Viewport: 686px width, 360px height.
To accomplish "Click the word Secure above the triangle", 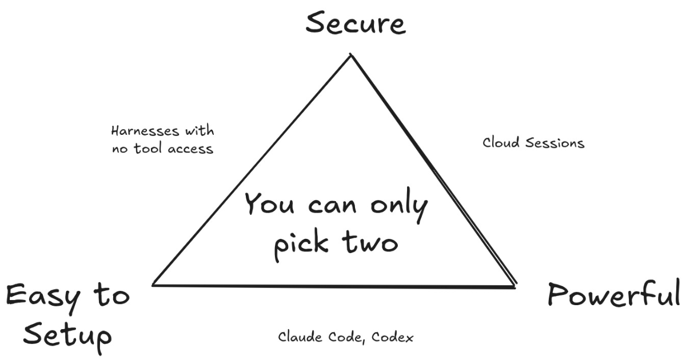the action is [x=356, y=23].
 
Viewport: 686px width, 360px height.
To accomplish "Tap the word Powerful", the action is [x=614, y=295].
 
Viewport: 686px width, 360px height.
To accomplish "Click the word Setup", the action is [x=67, y=338].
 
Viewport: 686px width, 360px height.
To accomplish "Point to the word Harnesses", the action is [x=145, y=131].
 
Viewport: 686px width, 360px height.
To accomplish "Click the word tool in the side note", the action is [x=147, y=149].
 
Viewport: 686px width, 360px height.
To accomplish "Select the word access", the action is [x=190, y=149].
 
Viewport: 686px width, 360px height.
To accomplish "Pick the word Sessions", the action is [x=555, y=143].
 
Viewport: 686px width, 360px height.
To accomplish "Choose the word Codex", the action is [x=392, y=337].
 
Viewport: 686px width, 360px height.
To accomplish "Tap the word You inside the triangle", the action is [x=269, y=203].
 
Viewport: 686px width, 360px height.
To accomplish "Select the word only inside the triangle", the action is [x=399, y=206].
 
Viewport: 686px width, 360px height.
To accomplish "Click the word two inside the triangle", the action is [x=370, y=242].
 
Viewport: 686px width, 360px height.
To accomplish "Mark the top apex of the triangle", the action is [x=351, y=54].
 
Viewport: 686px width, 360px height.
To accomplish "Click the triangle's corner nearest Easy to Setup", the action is [x=153, y=285].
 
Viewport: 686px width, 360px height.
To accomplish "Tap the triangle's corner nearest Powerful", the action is [x=516, y=286].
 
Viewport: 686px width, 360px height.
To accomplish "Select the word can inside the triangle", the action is [x=332, y=206].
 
